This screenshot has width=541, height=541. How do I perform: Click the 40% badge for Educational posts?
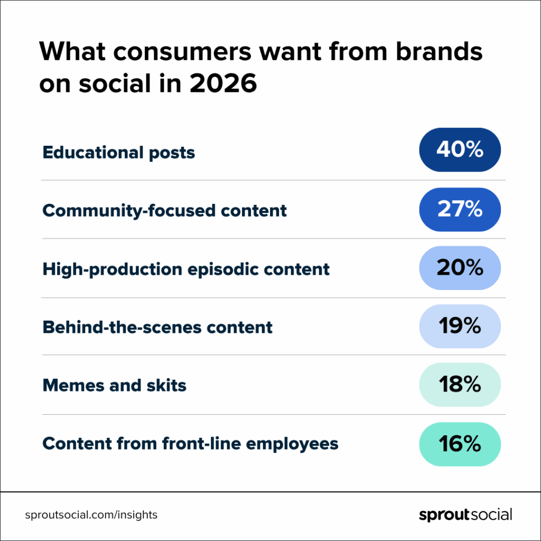[x=460, y=150]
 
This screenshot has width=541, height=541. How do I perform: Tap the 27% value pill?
[x=460, y=210]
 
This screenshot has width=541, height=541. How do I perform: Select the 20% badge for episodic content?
[x=460, y=268]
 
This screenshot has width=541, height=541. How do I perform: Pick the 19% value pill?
[x=460, y=327]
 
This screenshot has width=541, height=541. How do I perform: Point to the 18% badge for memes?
[x=460, y=385]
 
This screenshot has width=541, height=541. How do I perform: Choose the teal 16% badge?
[x=460, y=444]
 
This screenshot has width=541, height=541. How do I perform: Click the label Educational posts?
[x=119, y=153]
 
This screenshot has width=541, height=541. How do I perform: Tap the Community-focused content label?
[x=164, y=211]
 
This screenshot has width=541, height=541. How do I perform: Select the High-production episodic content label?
[x=186, y=269]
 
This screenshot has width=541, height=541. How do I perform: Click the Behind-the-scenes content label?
[x=157, y=327]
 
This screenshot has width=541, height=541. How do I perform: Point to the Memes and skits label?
[x=115, y=385]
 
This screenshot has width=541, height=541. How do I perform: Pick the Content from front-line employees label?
[x=190, y=443]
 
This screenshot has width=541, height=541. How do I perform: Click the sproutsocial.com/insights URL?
[x=91, y=515]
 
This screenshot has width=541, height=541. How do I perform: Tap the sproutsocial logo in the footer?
[x=465, y=515]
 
